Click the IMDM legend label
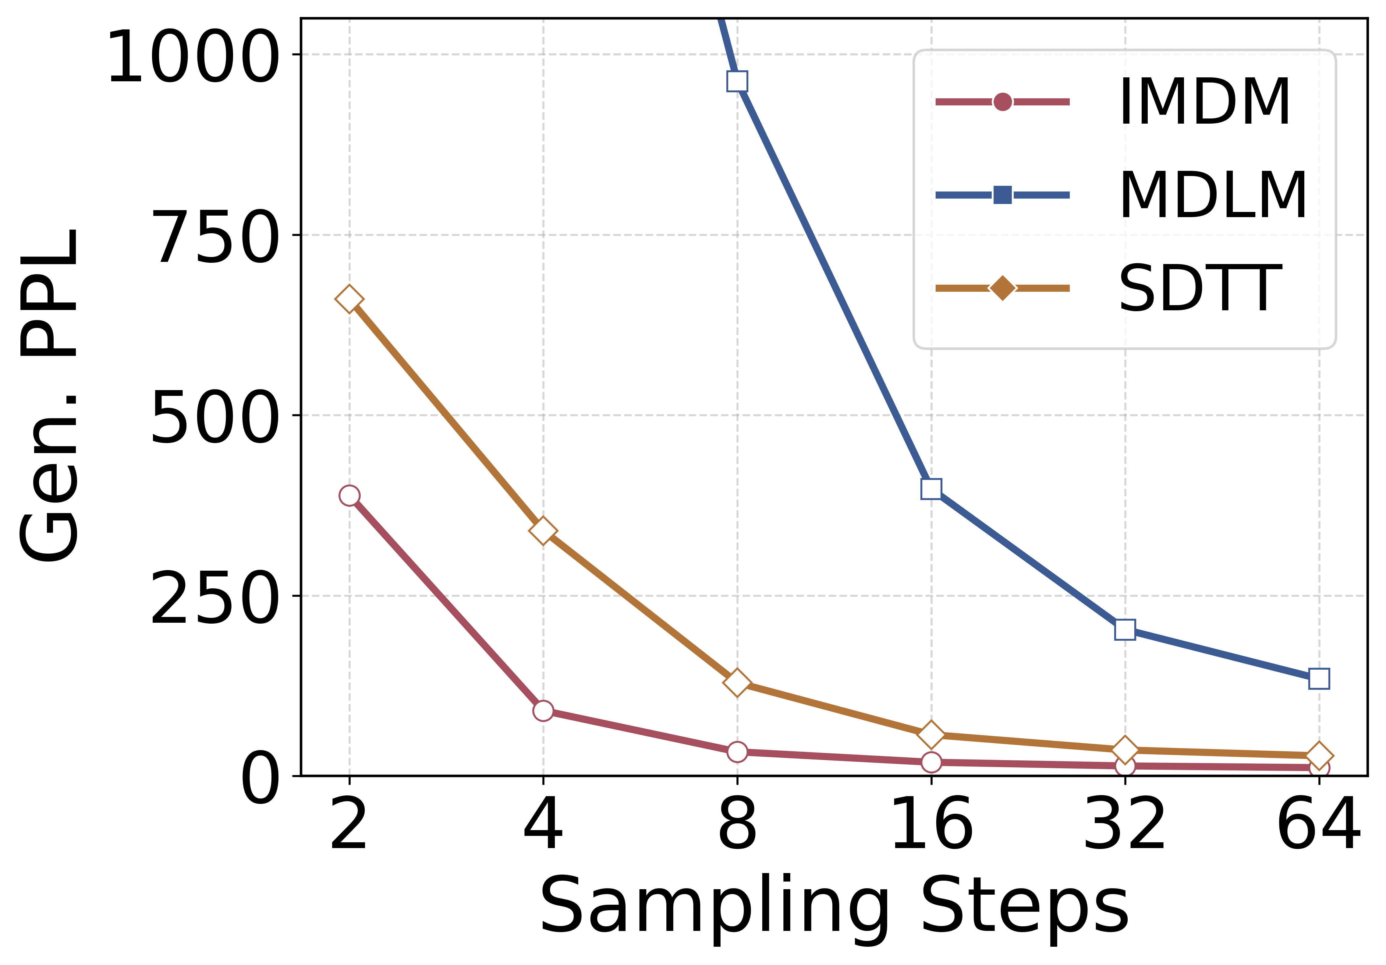click(1204, 102)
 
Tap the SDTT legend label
click(1200, 288)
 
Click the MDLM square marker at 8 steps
click(737, 81)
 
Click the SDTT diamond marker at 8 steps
click(737, 682)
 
